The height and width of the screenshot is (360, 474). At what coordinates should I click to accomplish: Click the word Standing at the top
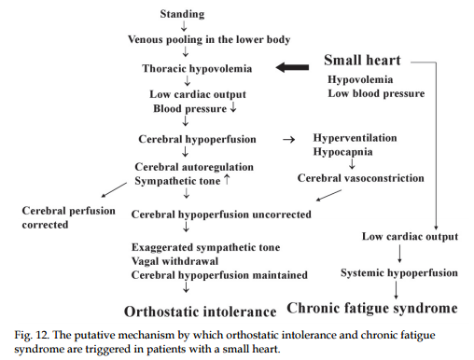click(x=182, y=14)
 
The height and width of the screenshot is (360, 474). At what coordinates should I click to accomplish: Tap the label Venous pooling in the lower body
click(x=209, y=39)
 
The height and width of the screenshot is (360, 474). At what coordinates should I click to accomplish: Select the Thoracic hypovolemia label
click(x=197, y=68)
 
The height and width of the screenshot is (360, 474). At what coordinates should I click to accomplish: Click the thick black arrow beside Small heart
click(x=292, y=67)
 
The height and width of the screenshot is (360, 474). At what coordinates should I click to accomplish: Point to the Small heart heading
click(x=362, y=60)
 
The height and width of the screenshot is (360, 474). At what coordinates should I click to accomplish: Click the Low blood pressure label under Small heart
click(x=376, y=93)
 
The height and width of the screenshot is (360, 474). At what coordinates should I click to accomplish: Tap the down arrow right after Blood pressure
click(x=233, y=107)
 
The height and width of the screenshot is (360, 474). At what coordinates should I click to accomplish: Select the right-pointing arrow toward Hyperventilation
click(x=288, y=140)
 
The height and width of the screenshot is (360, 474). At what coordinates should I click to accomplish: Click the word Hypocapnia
click(x=342, y=152)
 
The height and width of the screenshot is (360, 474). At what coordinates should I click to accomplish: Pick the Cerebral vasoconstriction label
click(x=361, y=178)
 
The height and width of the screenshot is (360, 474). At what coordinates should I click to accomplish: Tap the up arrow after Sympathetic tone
click(x=227, y=179)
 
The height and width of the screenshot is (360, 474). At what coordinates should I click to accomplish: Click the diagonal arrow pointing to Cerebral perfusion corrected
click(x=114, y=189)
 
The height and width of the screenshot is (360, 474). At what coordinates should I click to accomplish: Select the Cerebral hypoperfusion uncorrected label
click(x=221, y=215)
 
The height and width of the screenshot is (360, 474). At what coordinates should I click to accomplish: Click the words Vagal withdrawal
click(x=174, y=261)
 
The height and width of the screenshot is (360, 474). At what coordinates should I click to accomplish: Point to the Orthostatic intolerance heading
click(x=201, y=312)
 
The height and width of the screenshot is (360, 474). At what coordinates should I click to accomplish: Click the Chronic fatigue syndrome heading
click(x=372, y=308)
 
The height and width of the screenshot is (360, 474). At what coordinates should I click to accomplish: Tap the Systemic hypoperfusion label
click(x=399, y=273)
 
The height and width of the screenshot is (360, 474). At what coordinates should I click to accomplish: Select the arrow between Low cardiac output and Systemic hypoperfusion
click(x=399, y=254)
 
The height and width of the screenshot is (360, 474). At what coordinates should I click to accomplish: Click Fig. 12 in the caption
click(x=32, y=335)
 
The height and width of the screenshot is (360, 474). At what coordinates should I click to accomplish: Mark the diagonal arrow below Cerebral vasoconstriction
click(x=328, y=195)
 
